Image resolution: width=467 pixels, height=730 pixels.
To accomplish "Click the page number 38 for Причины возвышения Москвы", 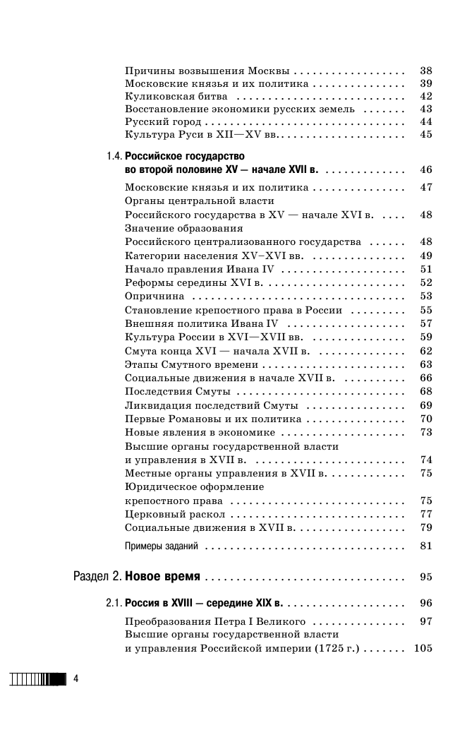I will coord(425,71).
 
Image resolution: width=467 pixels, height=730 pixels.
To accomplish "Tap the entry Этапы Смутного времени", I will coord(191,365).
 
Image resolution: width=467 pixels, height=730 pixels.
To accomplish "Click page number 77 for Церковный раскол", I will coord(425,514).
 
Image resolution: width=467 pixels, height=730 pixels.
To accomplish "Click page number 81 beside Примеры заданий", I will coord(425,546).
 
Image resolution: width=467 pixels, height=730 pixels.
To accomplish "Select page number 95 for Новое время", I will coord(425,577).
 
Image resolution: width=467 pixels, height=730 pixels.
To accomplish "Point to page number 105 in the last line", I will coord(423,649).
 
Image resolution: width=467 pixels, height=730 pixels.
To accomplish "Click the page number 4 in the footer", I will coord(76,679).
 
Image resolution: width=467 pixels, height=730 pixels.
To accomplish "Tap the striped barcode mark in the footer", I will coord(36,679).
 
